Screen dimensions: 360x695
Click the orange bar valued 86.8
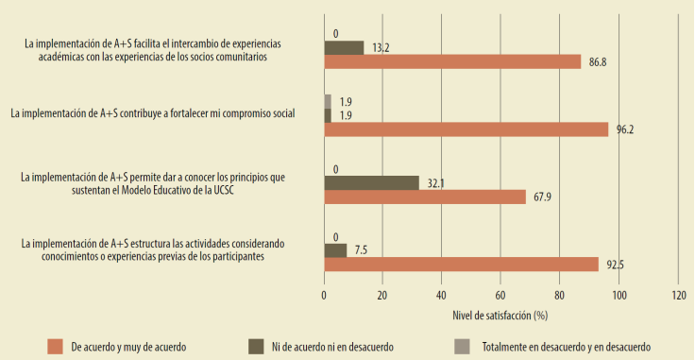(452, 61)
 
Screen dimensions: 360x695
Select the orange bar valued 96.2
(466, 129)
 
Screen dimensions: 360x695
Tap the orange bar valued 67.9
(424, 197)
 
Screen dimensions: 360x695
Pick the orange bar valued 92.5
(461, 265)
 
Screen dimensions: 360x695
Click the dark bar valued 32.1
(371, 182)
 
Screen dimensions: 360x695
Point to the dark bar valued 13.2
(344, 47)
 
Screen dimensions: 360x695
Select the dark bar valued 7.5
(335, 250)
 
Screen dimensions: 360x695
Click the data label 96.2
(625, 130)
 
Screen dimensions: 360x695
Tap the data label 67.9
(541, 197)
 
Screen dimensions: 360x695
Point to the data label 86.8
(598, 62)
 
